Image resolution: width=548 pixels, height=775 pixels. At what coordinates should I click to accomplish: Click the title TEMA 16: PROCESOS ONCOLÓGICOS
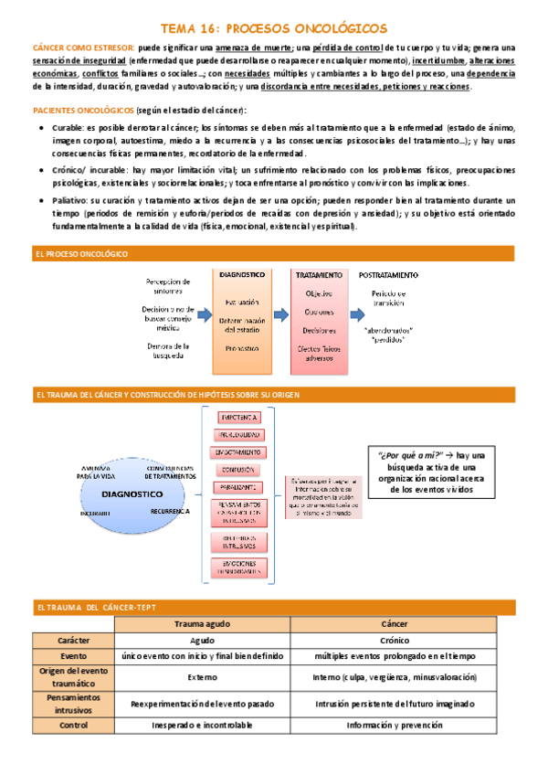pos(273,28)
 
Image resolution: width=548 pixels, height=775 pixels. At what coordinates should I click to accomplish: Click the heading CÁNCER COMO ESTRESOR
pos(83,48)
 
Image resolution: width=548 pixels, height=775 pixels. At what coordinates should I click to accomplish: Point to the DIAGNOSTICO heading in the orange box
pos(243,274)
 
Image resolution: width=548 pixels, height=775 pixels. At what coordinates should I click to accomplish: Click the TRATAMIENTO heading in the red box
pos(319,274)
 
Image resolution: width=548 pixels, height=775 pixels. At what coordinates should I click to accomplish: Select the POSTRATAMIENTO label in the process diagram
pos(389,274)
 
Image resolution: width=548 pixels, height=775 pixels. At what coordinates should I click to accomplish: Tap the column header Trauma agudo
pos(202,623)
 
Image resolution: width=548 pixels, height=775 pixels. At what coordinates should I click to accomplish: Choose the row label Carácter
pos(73,640)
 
